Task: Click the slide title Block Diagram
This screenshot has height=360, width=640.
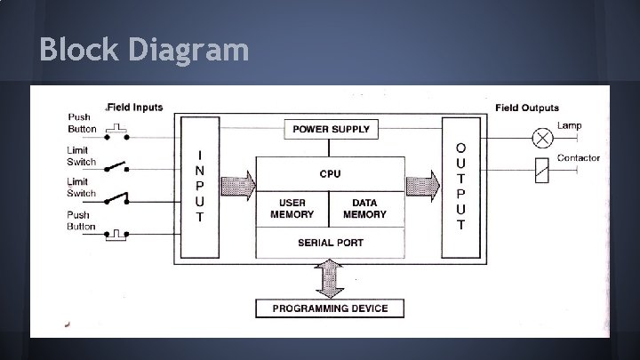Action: (x=144, y=49)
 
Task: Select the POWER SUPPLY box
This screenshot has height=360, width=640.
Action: (x=331, y=130)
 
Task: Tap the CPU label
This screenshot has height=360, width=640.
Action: (x=330, y=173)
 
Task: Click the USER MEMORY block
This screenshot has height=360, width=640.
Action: (x=292, y=209)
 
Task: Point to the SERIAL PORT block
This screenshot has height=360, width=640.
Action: (x=330, y=242)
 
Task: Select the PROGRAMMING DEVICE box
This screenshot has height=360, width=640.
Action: (x=330, y=308)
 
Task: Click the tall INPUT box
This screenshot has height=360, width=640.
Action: (x=200, y=186)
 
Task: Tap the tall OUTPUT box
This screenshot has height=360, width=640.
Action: (x=460, y=186)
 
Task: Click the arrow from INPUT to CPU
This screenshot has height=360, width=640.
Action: (x=238, y=186)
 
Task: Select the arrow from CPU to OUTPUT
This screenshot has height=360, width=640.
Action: (x=422, y=186)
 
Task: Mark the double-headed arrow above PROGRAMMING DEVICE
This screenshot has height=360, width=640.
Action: (x=330, y=278)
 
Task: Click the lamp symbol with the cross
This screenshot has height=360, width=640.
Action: (x=542, y=139)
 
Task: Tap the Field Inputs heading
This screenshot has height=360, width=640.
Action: (x=135, y=108)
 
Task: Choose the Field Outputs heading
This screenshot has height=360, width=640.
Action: (x=526, y=108)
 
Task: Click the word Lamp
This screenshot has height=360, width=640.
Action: (x=570, y=125)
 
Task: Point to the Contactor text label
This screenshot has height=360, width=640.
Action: (x=578, y=158)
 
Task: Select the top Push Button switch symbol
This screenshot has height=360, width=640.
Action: (x=116, y=133)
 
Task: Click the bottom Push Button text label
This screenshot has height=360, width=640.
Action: (x=81, y=220)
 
